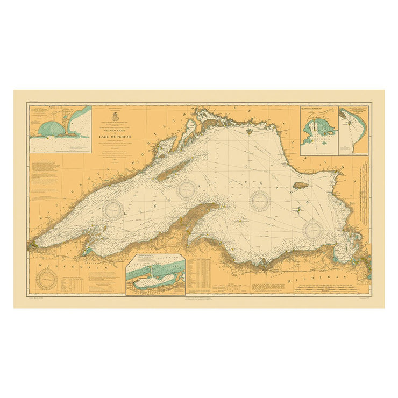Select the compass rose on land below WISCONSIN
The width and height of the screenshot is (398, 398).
point(47,280)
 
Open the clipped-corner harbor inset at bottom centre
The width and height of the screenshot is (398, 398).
point(156,275)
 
